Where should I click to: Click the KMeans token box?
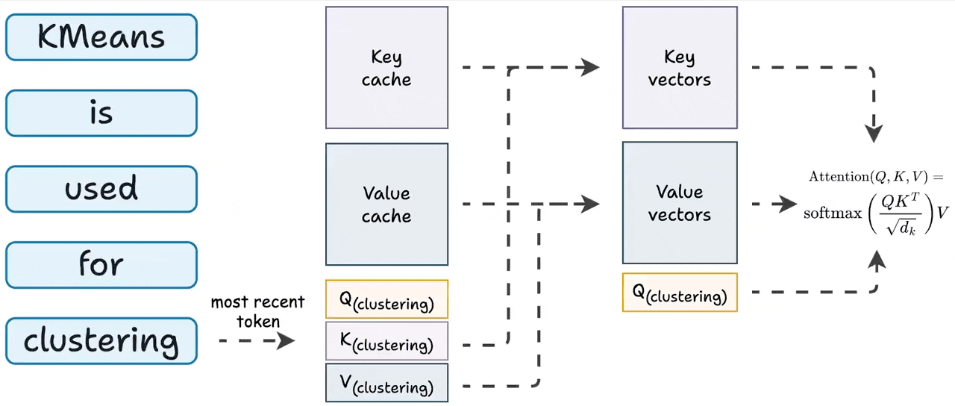coord(101,37)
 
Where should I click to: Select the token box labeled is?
coord(101,113)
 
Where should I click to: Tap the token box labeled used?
coord(101,189)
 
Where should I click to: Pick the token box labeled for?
coord(101,264)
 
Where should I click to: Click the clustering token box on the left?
coord(101,341)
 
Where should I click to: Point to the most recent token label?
coord(258,312)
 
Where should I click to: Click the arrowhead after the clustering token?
coord(285,341)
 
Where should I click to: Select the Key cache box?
coord(386,68)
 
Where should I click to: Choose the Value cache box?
coord(386,204)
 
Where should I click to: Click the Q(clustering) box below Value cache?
coord(386,299)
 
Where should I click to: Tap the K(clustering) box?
coord(386,341)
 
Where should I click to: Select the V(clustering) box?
coord(386,383)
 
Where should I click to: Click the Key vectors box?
coord(680,68)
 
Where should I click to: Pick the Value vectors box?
coord(680,203)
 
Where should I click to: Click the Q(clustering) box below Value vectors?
coord(680,292)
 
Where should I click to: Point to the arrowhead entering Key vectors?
coord(590,67)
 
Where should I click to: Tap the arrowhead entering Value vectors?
coord(590,203)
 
